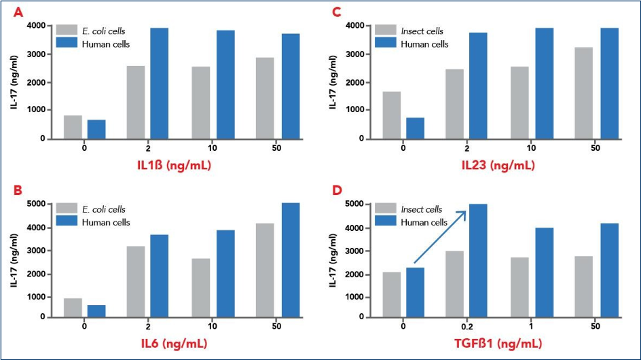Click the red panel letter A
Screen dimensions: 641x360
click(x=18, y=13)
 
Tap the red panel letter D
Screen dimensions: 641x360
click(x=337, y=191)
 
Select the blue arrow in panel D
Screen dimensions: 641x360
click(x=440, y=237)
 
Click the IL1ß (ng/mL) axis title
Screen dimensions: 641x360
click(x=174, y=165)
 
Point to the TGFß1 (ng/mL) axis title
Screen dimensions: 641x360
click(x=498, y=343)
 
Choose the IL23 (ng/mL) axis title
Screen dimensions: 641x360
click(x=498, y=165)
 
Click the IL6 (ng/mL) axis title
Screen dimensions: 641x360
click(x=174, y=343)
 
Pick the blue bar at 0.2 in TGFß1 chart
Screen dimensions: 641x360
click(x=478, y=261)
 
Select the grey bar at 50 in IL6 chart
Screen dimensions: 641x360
click(x=265, y=270)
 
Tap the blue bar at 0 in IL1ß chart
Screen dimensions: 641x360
click(x=96, y=129)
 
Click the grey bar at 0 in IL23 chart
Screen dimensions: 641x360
click(x=392, y=115)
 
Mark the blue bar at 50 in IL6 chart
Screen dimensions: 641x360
click(x=291, y=260)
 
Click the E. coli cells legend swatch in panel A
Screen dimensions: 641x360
click(x=67, y=30)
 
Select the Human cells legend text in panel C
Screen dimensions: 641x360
click(x=424, y=44)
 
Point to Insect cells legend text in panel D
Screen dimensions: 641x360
click(x=422, y=209)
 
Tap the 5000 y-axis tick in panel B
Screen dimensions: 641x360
click(x=37, y=203)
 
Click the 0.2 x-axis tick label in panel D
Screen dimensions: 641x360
click(x=467, y=327)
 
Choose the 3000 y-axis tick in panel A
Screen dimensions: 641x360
click(x=37, y=54)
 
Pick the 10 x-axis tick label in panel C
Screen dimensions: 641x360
click(x=531, y=147)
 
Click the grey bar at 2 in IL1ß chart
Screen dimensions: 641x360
click(x=136, y=103)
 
